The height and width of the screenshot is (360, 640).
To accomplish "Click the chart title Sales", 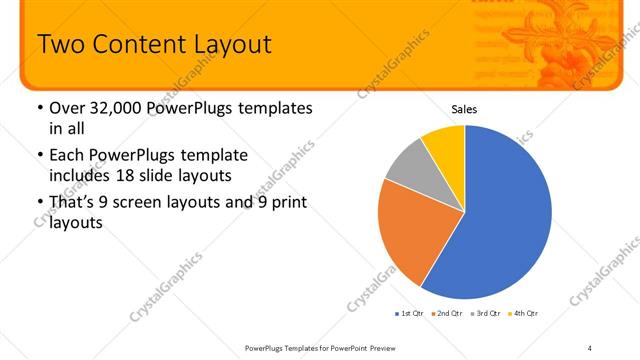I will [464, 109].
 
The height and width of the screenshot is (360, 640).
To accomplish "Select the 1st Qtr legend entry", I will [410, 313].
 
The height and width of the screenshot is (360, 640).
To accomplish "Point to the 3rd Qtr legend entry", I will [488, 313].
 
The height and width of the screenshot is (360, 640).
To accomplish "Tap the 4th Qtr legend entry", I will [526, 313].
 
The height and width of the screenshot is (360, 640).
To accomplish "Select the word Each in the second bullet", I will [66, 156].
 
